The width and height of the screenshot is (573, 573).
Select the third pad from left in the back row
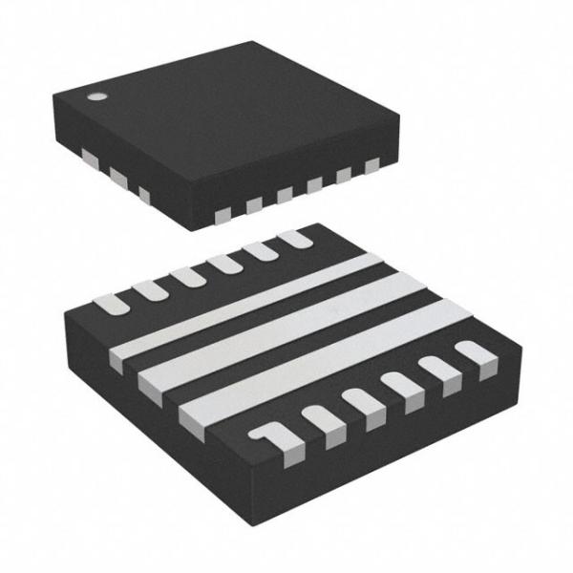(x=186, y=277)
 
